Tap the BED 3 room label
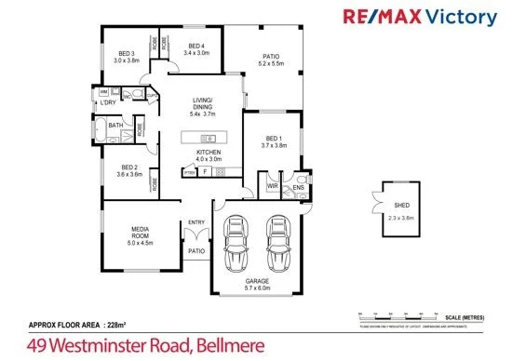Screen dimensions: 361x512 coord(127,57)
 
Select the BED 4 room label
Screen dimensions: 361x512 coord(196,49)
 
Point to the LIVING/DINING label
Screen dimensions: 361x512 coord(202,106)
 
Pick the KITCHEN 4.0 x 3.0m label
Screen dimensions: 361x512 coord(209,155)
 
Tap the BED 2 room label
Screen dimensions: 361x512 coord(129,170)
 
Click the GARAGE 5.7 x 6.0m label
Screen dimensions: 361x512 coord(257,284)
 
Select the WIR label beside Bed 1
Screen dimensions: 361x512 coord(273,186)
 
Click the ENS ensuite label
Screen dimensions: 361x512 coord(299,187)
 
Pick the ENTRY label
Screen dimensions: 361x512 coord(196,222)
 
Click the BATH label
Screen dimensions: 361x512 coord(115,125)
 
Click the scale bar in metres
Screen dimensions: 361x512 coord(419,314)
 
